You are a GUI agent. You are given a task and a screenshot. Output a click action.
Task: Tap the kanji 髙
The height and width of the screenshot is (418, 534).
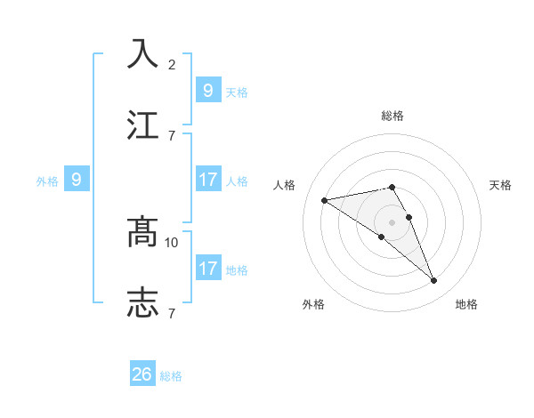pyautogui.click(x=142, y=231)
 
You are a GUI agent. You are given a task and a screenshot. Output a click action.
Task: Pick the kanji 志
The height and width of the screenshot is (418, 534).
pyautogui.click(x=142, y=302)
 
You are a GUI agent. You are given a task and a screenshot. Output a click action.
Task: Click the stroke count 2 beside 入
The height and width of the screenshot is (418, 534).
pyautogui.click(x=172, y=64)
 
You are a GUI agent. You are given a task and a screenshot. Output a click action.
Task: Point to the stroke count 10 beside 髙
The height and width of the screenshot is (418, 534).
pyautogui.click(x=172, y=242)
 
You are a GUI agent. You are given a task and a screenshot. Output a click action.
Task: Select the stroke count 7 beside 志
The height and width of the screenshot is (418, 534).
pyautogui.click(x=172, y=313)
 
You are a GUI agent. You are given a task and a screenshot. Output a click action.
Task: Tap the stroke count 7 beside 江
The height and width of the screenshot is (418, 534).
pyautogui.click(x=172, y=135)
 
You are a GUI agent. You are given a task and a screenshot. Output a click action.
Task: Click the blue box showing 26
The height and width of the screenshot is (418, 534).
pyautogui.click(x=142, y=374)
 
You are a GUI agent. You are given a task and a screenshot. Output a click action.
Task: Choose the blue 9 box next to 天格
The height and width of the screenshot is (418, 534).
pyautogui.click(x=207, y=90)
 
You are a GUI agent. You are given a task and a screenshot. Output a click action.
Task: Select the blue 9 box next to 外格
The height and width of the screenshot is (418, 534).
pyautogui.click(x=77, y=180)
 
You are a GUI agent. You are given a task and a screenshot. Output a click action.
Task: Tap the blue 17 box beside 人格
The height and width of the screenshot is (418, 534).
pyautogui.click(x=207, y=180)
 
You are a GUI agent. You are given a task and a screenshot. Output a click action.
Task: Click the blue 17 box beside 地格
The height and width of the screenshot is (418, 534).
pyautogui.click(x=207, y=269)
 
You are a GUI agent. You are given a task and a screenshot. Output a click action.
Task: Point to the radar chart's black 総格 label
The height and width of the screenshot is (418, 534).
pyautogui.click(x=392, y=116)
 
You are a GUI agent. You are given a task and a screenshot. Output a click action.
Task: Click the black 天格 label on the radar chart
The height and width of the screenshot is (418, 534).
pyautogui.click(x=500, y=185)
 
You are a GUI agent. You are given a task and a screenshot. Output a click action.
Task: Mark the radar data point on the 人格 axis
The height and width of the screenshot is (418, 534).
pyautogui.click(x=325, y=200)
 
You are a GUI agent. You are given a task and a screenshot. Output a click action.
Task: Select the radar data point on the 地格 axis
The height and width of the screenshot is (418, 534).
pyautogui.click(x=434, y=281)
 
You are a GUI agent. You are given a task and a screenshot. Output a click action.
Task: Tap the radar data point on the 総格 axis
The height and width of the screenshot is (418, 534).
pyautogui.click(x=392, y=187)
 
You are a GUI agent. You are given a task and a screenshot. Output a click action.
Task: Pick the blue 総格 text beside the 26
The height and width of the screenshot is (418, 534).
pyautogui.click(x=171, y=376)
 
